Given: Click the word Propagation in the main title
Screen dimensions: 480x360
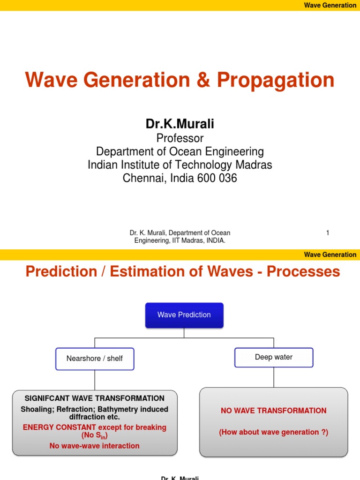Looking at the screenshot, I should coord(276,81).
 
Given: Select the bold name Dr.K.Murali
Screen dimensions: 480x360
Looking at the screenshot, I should coord(180,124).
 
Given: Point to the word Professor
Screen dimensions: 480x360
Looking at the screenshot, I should coord(180,138).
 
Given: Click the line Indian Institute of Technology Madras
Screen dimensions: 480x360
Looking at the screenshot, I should coord(180,165).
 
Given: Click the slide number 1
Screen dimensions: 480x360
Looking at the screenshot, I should coord(328,233).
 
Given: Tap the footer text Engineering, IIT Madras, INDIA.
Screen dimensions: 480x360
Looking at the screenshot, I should coord(180,240).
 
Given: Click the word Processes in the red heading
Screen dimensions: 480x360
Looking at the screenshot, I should coord(303,272).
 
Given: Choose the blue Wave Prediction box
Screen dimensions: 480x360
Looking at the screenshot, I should coord(184,315).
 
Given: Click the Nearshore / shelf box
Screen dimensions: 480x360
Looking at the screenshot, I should coord(95,359).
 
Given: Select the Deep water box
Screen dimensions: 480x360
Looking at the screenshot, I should coord(274,357).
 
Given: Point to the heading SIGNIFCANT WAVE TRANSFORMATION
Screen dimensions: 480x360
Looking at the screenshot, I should coord(95,398).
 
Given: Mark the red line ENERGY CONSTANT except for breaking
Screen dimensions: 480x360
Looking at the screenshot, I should coord(95,427).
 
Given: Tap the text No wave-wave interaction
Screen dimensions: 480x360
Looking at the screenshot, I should coord(95,446).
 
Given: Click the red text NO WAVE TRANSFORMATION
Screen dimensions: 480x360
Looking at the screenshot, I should coord(274,411).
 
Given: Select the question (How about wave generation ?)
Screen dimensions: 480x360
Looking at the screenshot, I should coord(274,432).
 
